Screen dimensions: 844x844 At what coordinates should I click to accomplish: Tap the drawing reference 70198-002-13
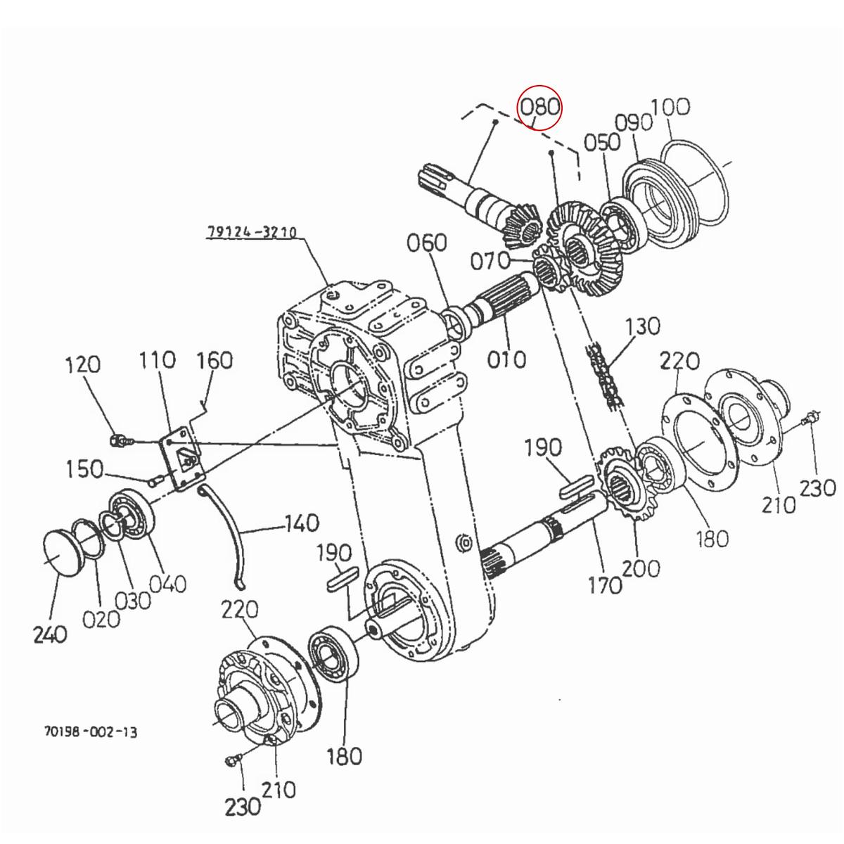point(91,732)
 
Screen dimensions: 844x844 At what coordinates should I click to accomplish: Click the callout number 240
point(50,634)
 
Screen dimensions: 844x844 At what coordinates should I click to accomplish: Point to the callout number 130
point(642,326)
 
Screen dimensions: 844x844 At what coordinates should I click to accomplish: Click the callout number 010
point(506,359)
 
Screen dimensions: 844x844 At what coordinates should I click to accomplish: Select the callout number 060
point(427,243)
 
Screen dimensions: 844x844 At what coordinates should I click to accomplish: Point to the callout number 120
point(82,365)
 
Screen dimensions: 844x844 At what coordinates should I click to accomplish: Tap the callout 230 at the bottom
point(243,806)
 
